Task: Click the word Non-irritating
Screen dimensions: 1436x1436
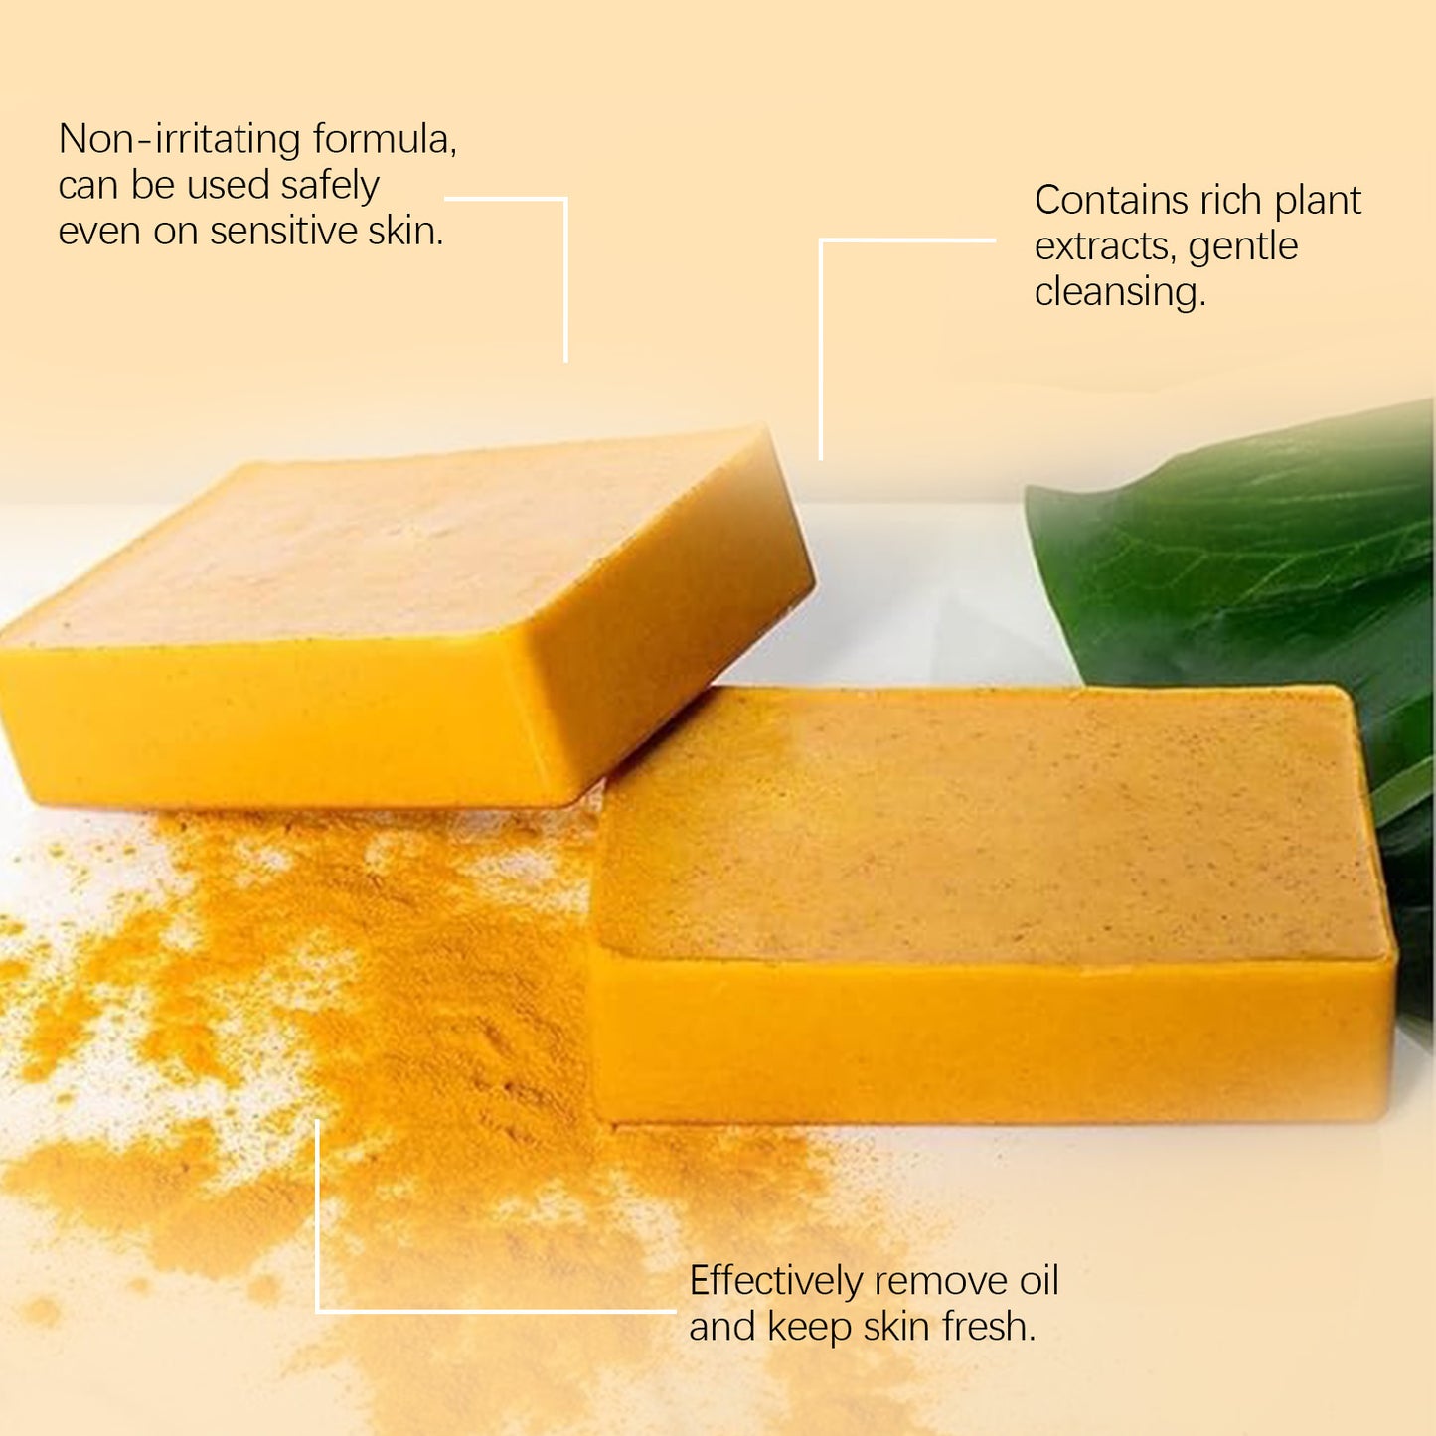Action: click(x=179, y=139)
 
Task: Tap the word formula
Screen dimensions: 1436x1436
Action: click(x=384, y=139)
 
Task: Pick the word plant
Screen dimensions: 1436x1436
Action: click(x=1318, y=201)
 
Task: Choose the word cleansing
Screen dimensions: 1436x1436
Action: click(x=1120, y=292)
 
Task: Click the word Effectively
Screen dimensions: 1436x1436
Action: click(x=775, y=1281)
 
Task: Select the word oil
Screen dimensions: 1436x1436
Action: click(x=1038, y=1281)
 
